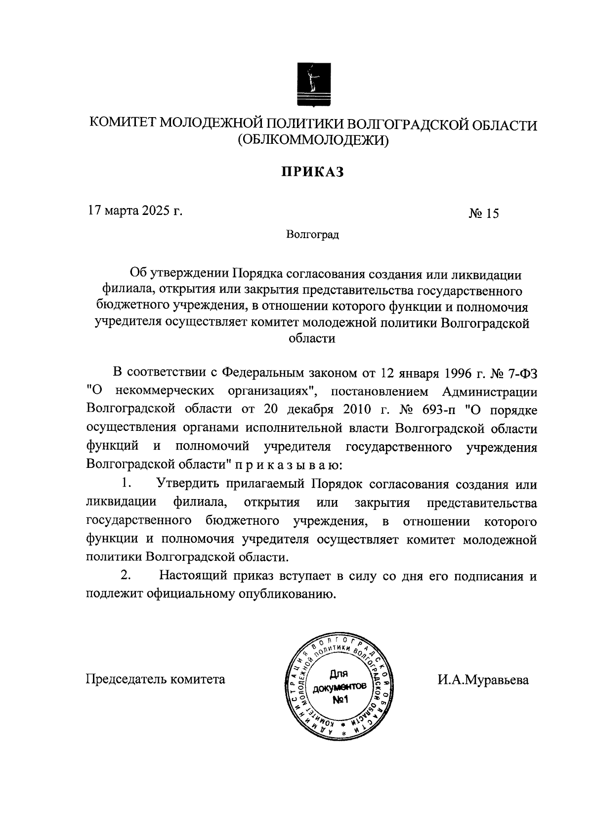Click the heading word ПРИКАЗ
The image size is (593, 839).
click(312, 171)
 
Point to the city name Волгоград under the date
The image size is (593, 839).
click(312, 235)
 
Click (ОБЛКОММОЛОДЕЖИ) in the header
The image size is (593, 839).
click(313, 141)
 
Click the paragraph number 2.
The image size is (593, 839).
click(126, 576)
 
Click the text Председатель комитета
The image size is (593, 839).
click(156, 679)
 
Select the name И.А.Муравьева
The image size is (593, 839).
click(483, 680)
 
